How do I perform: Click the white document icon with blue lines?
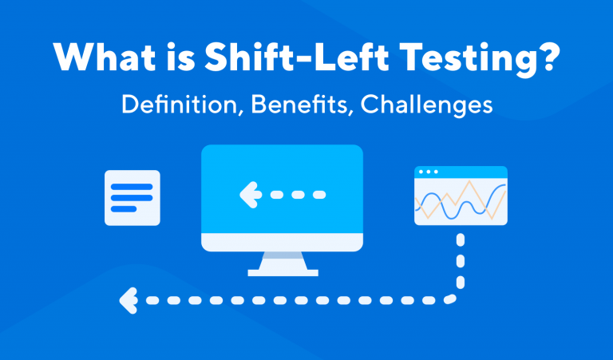click(x=132, y=197)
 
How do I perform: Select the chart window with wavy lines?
click(x=461, y=196)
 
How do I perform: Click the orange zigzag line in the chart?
click(x=471, y=192)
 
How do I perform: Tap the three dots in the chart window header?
click(x=429, y=172)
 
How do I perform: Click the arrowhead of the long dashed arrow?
click(x=126, y=300)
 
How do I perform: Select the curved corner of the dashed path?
click(x=455, y=295)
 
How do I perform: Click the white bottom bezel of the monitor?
click(x=283, y=241)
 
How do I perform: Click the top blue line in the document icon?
click(x=132, y=187)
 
